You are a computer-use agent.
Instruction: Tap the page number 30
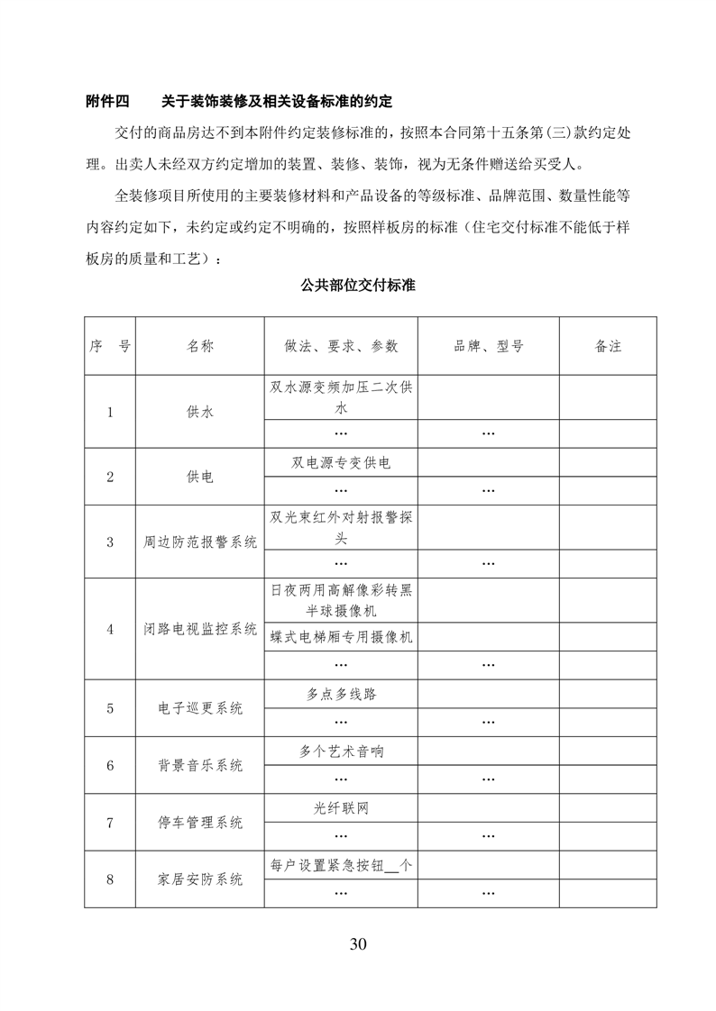point(358,944)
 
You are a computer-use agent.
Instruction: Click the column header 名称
point(200,345)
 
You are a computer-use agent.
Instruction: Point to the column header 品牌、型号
point(489,345)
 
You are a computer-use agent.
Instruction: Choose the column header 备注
point(609,345)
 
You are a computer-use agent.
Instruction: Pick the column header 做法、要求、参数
point(341,345)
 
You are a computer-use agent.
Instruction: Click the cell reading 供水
point(200,412)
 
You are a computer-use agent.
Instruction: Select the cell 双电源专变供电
point(341,463)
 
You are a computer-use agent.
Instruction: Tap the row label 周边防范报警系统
point(200,542)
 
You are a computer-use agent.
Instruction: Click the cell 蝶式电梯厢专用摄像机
point(341,637)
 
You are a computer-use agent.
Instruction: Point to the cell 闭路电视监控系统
point(200,629)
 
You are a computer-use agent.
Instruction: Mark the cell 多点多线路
point(341,695)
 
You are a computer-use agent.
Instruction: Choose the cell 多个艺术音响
point(341,751)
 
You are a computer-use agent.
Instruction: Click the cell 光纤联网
point(341,808)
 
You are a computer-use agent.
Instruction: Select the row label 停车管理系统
point(200,823)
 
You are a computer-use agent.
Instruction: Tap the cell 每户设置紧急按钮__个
point(341,865)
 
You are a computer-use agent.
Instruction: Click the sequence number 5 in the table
point(110,708)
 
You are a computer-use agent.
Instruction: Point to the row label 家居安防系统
point(200,879)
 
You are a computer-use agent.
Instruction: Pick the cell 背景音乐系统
point(200,766)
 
